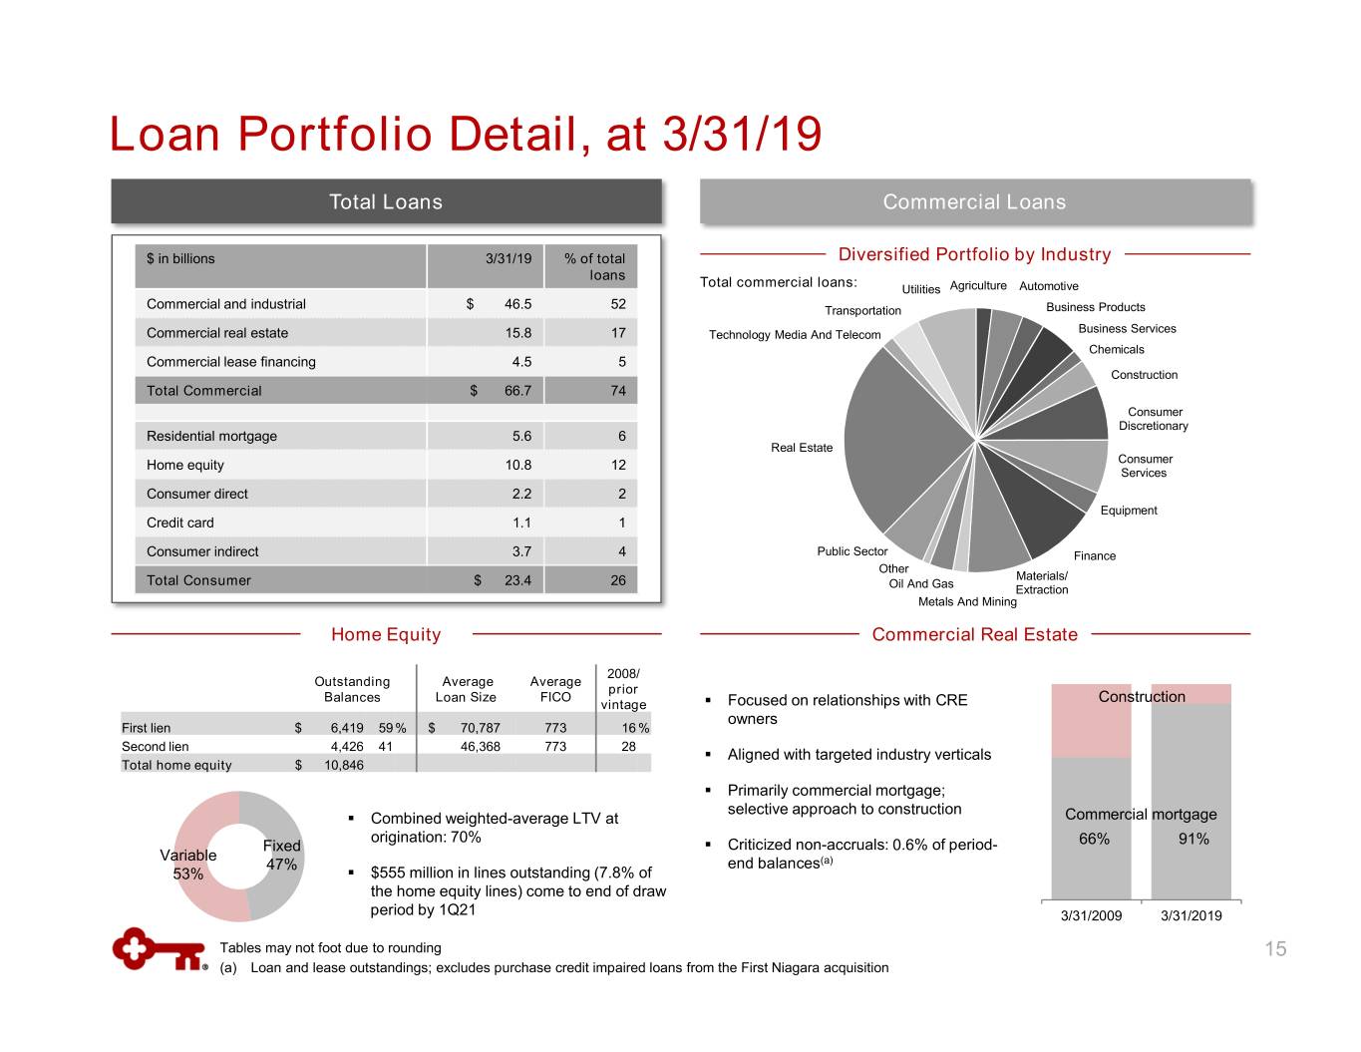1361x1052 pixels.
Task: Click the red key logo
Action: tap(158, 949)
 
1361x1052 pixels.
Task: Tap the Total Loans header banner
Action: tap(386, 201)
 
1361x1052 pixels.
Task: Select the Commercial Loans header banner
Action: tap(974, 201)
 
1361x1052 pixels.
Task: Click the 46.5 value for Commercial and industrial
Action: tap(517, 304)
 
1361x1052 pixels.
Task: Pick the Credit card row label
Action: tap(180, 523)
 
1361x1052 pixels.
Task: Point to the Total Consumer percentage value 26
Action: tap(618, 580)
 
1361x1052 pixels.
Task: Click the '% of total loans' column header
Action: tap(594, 266)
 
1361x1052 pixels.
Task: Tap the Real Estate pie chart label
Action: tap(802, 448)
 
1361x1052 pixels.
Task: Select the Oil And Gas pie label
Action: tap(921, 584)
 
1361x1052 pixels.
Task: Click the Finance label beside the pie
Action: tap(1095, 556)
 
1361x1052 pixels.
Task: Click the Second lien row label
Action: tap(156, 747)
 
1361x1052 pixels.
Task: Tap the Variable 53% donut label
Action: tap(188, 865)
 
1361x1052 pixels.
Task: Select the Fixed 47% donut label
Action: tap(281, 855)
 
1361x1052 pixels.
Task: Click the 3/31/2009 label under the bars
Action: tap(1091, 915)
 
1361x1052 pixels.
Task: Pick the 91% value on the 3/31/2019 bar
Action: tap(1193, 840)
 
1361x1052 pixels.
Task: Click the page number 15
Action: tap(1275, 949)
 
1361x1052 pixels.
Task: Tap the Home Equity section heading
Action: tap(386, 634)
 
